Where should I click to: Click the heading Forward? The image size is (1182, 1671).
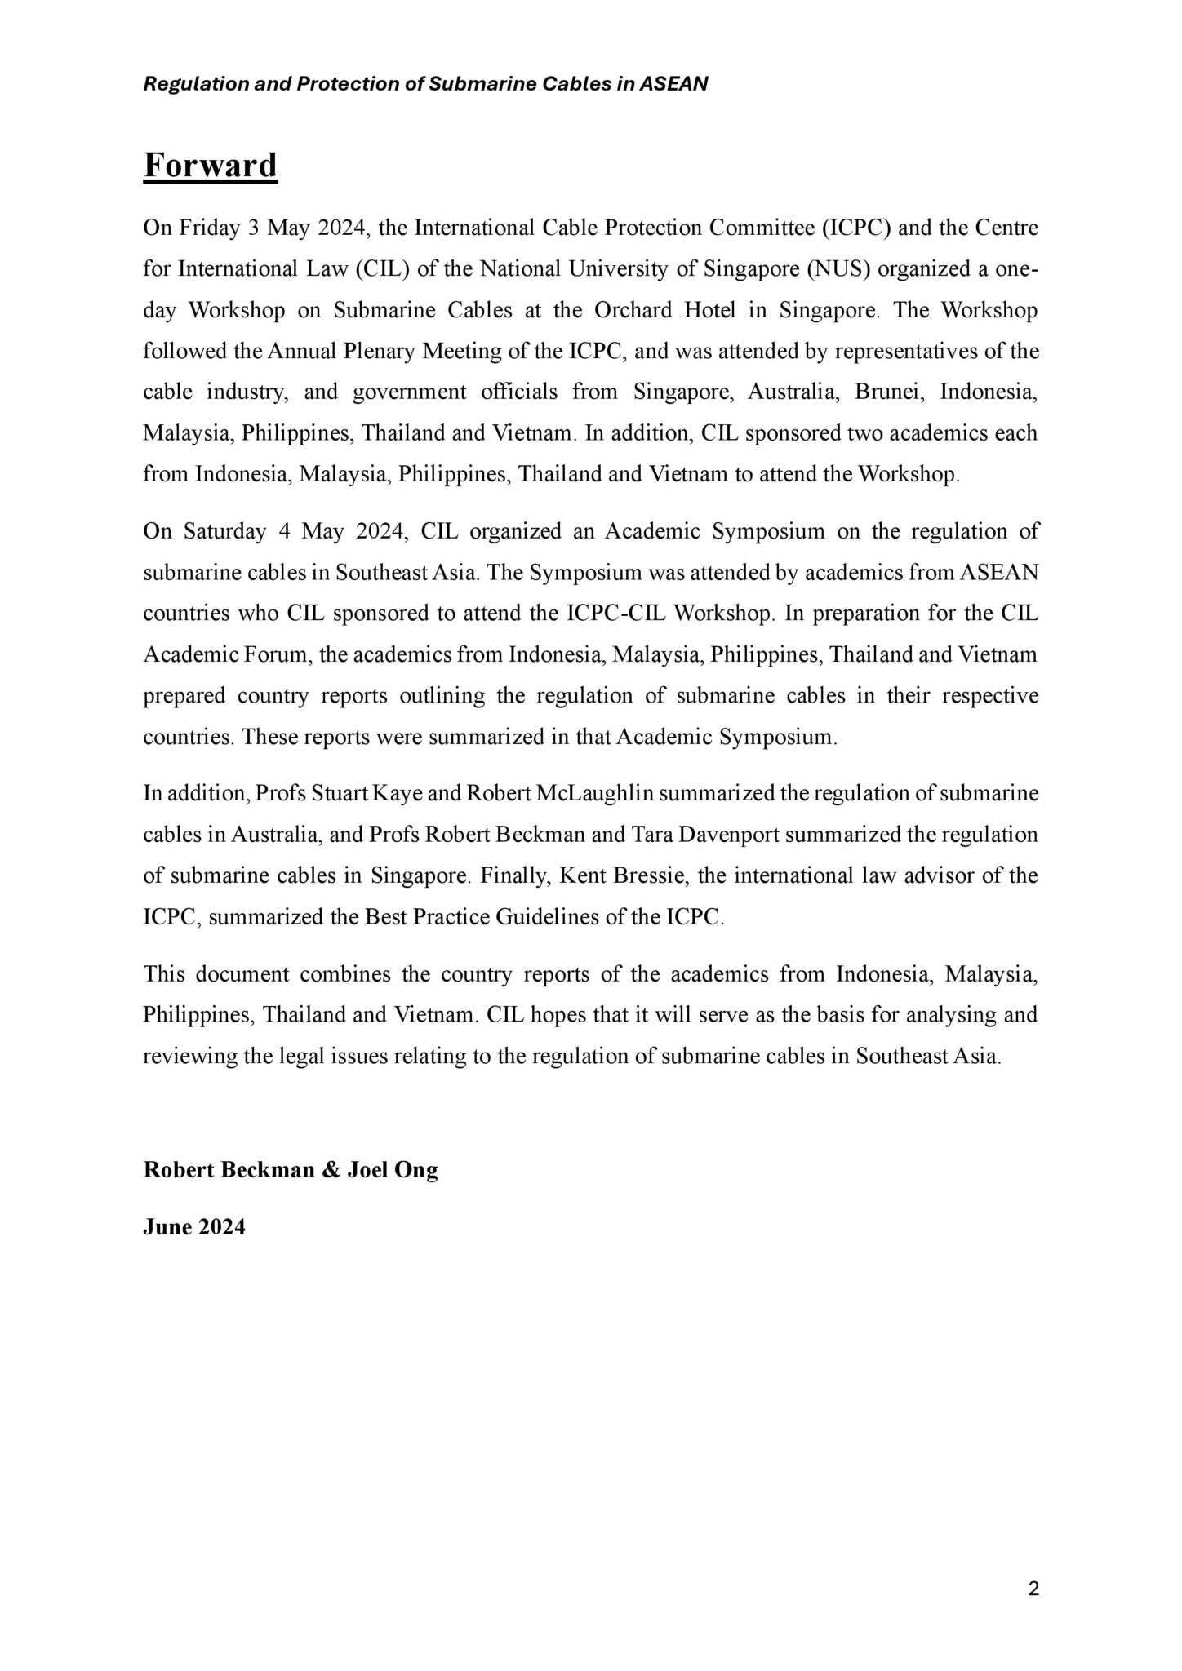click(x=210, y=165)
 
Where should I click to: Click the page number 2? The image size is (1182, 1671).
click(x=1033, y=1588)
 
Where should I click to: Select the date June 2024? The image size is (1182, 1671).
click(x=194, y=1227)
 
